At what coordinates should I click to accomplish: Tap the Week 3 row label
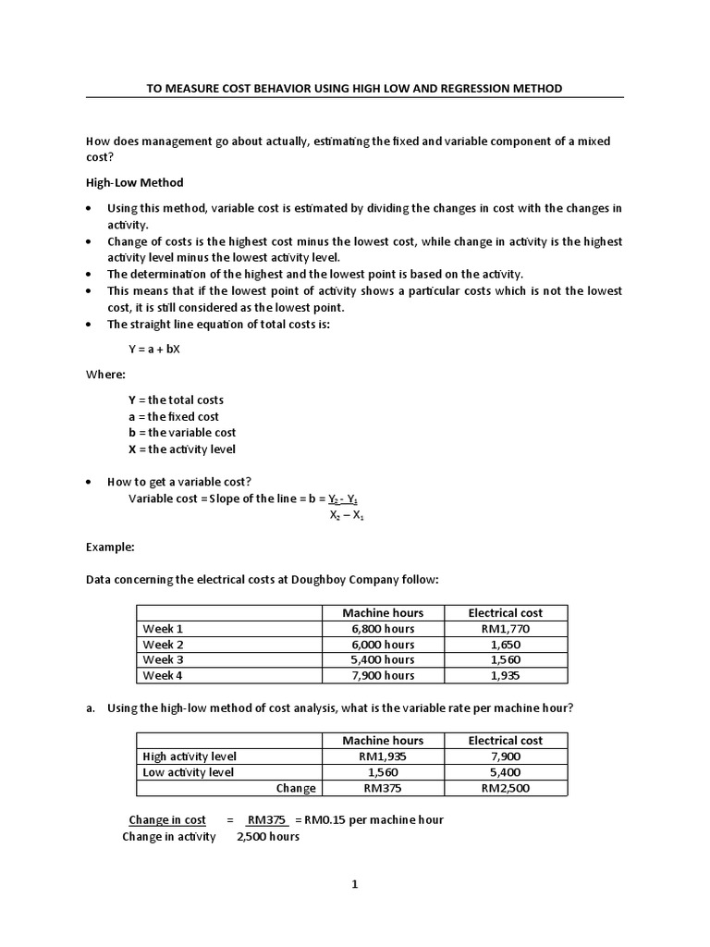click(x=164, y=659)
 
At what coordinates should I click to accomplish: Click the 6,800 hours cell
click(x=383, y=629)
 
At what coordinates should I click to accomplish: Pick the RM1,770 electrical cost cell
click(x=506, y=629)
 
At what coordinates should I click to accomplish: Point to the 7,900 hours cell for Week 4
click(x=383, y=675)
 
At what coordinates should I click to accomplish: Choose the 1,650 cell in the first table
click(x=506, y=644)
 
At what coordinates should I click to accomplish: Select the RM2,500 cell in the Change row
click(x=506, y=788)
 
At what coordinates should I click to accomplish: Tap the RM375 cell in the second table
click(x=383, y=788)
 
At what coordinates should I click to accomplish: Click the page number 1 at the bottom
click(x=354, y=884)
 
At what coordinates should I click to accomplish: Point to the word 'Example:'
click(x=110, y=547)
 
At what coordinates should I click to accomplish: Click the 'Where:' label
click(x=105, y=375)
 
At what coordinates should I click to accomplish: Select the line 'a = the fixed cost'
click(x=174, y=416)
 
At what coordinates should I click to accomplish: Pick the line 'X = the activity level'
click(x=181, y=449)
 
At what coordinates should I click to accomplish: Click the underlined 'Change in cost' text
click(x=167, y=819)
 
